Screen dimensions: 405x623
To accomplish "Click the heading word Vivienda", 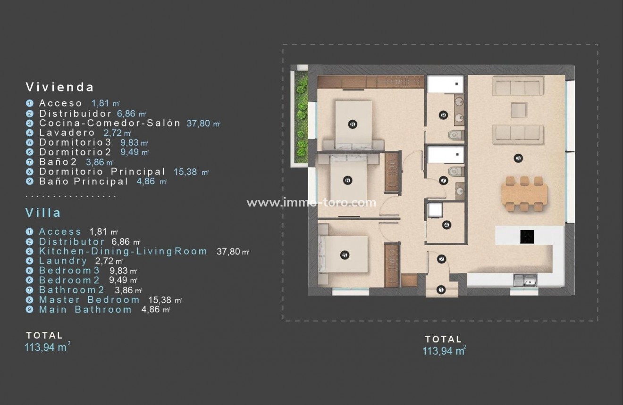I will coord(59,87).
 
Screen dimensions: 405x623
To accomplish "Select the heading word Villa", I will coord(43,213).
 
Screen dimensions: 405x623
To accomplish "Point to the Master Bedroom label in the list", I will coord(89,300).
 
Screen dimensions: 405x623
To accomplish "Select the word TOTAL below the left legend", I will coord(44,336).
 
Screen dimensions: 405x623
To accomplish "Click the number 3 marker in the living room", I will coord(518,158).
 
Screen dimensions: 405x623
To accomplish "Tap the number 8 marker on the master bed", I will coord(353,124).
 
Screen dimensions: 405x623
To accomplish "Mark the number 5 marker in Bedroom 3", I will coord(344,255).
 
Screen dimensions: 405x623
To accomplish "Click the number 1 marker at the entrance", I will coord(441,289).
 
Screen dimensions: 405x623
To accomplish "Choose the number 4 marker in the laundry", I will coord(446,225).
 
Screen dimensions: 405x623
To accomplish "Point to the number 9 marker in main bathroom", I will coord(443,115).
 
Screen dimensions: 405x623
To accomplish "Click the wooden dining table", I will coord(524,194).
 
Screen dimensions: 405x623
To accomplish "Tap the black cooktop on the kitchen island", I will coord(527,237).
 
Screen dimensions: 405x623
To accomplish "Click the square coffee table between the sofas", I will coord(518,110).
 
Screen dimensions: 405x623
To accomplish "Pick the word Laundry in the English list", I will coord(63,261).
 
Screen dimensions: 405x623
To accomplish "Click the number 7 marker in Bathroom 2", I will coord(443,180).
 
